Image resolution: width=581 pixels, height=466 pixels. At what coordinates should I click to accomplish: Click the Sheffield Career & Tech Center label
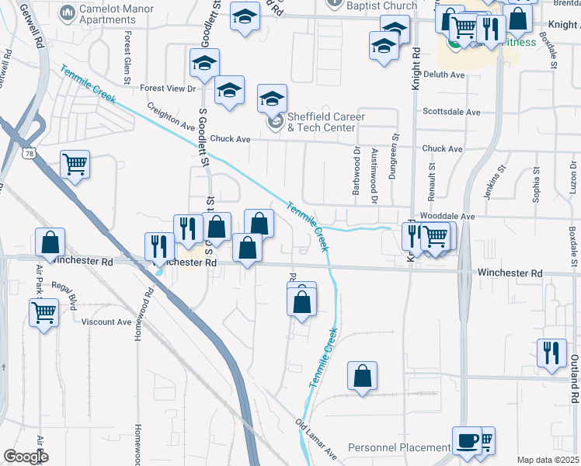(321, 122)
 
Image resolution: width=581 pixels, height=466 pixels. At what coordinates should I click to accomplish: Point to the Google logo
(26, 456)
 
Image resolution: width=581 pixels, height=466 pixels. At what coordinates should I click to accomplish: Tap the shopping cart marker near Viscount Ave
(44, 314)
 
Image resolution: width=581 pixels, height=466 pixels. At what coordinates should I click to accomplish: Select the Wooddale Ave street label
(447, 215)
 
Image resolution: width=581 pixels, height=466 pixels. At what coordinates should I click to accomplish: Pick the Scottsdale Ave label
(451, 112)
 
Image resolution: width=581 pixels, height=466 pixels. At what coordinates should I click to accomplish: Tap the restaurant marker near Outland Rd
(551, 351)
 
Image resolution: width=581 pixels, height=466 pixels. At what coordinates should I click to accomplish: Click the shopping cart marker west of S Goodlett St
(75, 165)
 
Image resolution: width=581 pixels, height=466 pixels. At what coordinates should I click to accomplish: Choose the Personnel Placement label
(398, 448)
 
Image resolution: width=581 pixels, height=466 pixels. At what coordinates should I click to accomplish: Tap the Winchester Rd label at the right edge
(510, 273)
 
